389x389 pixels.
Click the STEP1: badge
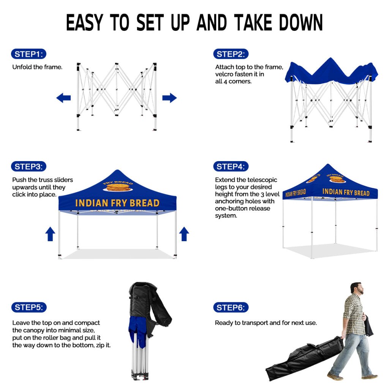[x=28, y=54]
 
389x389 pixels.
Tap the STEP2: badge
[x=231, y=54]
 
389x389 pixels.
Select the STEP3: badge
[x=28, y=166]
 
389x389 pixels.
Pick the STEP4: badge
[x=231, y=166]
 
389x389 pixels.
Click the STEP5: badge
[x=29, y=307]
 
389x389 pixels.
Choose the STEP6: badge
[x=231, y=307]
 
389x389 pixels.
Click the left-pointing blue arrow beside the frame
[x=63, y=98]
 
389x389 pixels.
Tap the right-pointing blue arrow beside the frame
[x=169, y=98]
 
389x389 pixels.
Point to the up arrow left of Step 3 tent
[x=50, y=234]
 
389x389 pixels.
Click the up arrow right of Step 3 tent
[x=184, y=234]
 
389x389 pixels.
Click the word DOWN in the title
[x=301, y=22]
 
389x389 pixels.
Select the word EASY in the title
[x=84, y=22]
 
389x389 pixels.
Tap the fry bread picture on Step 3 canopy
[x=118, y=187]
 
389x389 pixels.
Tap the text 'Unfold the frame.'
[x=37, y=67]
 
